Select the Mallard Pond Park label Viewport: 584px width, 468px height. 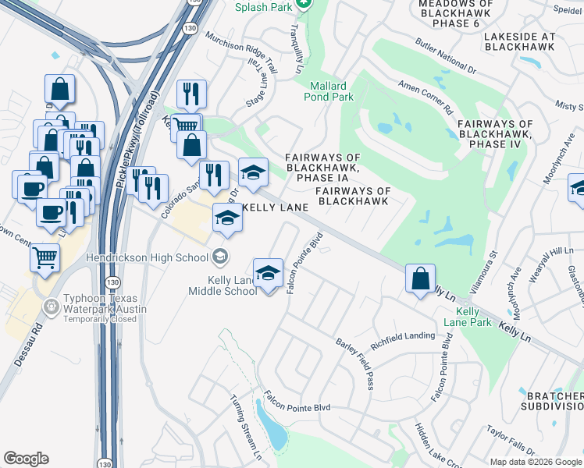331,91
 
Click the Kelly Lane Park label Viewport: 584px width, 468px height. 473,317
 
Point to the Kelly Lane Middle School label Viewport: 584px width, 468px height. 222,285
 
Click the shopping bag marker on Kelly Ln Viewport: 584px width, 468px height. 421,278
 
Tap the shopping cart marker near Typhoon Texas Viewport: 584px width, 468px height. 45,256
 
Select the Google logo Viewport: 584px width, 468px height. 26,459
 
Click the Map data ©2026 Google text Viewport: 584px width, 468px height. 535,462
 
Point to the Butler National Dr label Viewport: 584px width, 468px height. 445,52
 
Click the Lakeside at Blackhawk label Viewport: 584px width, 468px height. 519,41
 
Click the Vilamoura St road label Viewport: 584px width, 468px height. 481,270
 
